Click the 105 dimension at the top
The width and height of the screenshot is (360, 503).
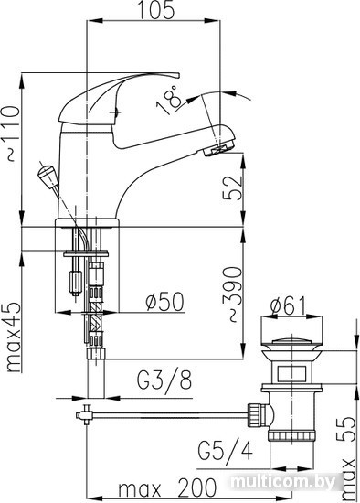157,10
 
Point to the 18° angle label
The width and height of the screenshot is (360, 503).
169,99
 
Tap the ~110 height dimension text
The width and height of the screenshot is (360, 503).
12,134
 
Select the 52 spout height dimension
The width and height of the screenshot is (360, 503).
232,187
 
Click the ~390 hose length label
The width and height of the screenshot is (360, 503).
232,294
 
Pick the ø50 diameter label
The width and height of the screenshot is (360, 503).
165,301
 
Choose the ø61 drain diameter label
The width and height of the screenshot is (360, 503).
289,306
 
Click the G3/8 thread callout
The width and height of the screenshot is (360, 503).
164,380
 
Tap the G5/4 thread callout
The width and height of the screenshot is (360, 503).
226,450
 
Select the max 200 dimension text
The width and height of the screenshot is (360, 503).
167,487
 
